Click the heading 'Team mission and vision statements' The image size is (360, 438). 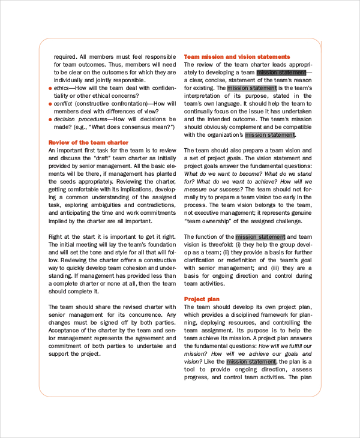(236, 56)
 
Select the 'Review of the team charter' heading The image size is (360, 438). (88, 142)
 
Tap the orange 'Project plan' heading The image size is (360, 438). (202, 299)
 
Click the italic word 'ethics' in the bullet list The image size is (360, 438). (62, 88)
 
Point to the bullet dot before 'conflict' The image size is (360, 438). (50, 104)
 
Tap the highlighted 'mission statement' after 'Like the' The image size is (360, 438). (251, 362)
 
